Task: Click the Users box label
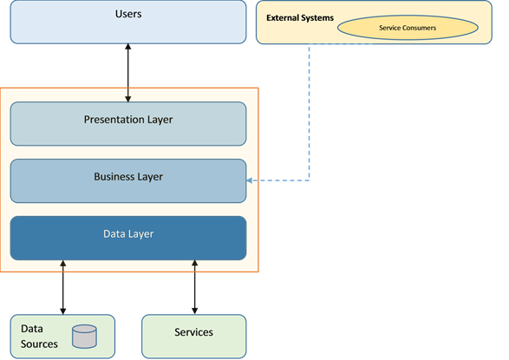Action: click(x=128, y=14)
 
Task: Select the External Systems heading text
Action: click(x=300, y=18)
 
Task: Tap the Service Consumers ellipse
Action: click(x=408, y=28)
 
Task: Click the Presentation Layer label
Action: click(x=128, y=120)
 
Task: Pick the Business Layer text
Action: click(x=128, y=177)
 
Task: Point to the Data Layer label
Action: click(x=128, y=234)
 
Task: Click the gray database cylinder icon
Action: click(x=84, y=337)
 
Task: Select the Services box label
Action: click(x=193, y=332)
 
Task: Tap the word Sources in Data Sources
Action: click(x=39, y=344)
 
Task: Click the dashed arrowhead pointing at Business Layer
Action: click(x=250, y=180)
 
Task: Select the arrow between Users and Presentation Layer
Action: click(x=128, y=73)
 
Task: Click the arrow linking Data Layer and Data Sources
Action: click(x=63, y=287)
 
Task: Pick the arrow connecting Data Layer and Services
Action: click(x=194, y=287)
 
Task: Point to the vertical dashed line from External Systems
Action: click(x=309, y=112)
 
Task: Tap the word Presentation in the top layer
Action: click(x=114, y=120)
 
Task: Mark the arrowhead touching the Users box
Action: click(x=128, y=47)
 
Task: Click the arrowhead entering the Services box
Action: click(x=194, y=311)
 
